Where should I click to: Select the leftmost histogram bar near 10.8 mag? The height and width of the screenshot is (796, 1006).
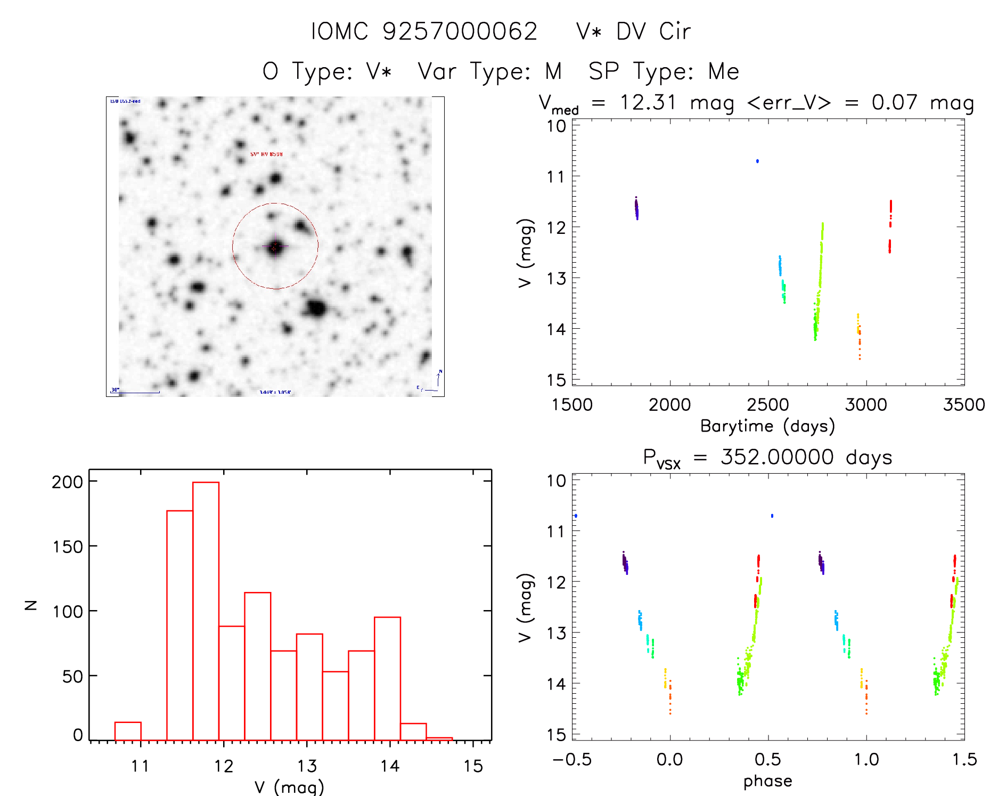click(128, 731)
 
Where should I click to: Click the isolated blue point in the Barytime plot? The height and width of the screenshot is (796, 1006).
click(757, 161)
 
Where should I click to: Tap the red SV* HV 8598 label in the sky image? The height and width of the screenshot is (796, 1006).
click(266, 155)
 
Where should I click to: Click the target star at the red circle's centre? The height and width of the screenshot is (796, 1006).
click(275, 247)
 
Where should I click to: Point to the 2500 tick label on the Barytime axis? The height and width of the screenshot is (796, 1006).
click(768, 405)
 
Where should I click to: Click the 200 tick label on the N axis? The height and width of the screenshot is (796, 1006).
click(68, 482)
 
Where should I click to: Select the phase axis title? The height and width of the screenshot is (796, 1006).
click(767, 781)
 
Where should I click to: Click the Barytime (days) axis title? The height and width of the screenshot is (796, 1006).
click(767, 426)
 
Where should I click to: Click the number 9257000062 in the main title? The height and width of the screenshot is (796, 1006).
click(460, 32)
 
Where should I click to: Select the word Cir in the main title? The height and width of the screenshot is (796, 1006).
click(675, 32)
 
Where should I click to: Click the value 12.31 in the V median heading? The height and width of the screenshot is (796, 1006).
click(648, 102)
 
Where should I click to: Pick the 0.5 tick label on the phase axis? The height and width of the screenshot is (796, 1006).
click(768, 760)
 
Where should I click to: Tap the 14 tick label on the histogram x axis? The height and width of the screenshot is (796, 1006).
click(390, 766)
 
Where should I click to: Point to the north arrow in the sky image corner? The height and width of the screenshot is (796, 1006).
click(438, 379)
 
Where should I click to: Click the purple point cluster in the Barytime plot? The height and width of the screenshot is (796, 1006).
click(636, 208)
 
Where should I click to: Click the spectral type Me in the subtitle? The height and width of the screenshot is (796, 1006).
click(723, 71)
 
